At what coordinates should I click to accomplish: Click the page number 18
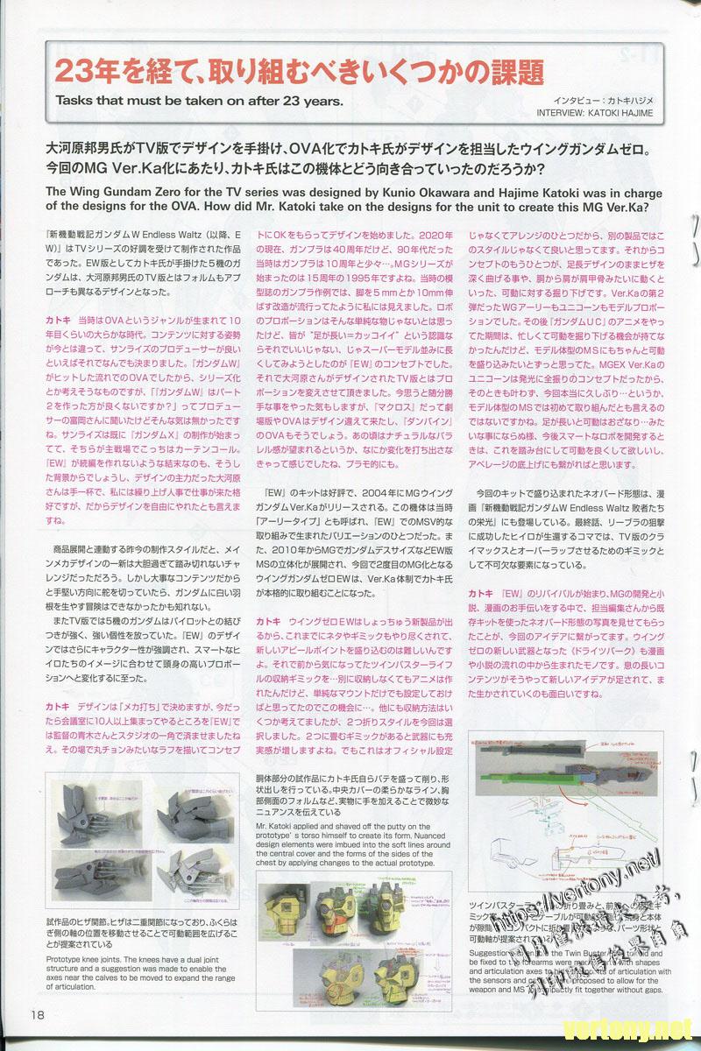click(x=35, y=1015)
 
